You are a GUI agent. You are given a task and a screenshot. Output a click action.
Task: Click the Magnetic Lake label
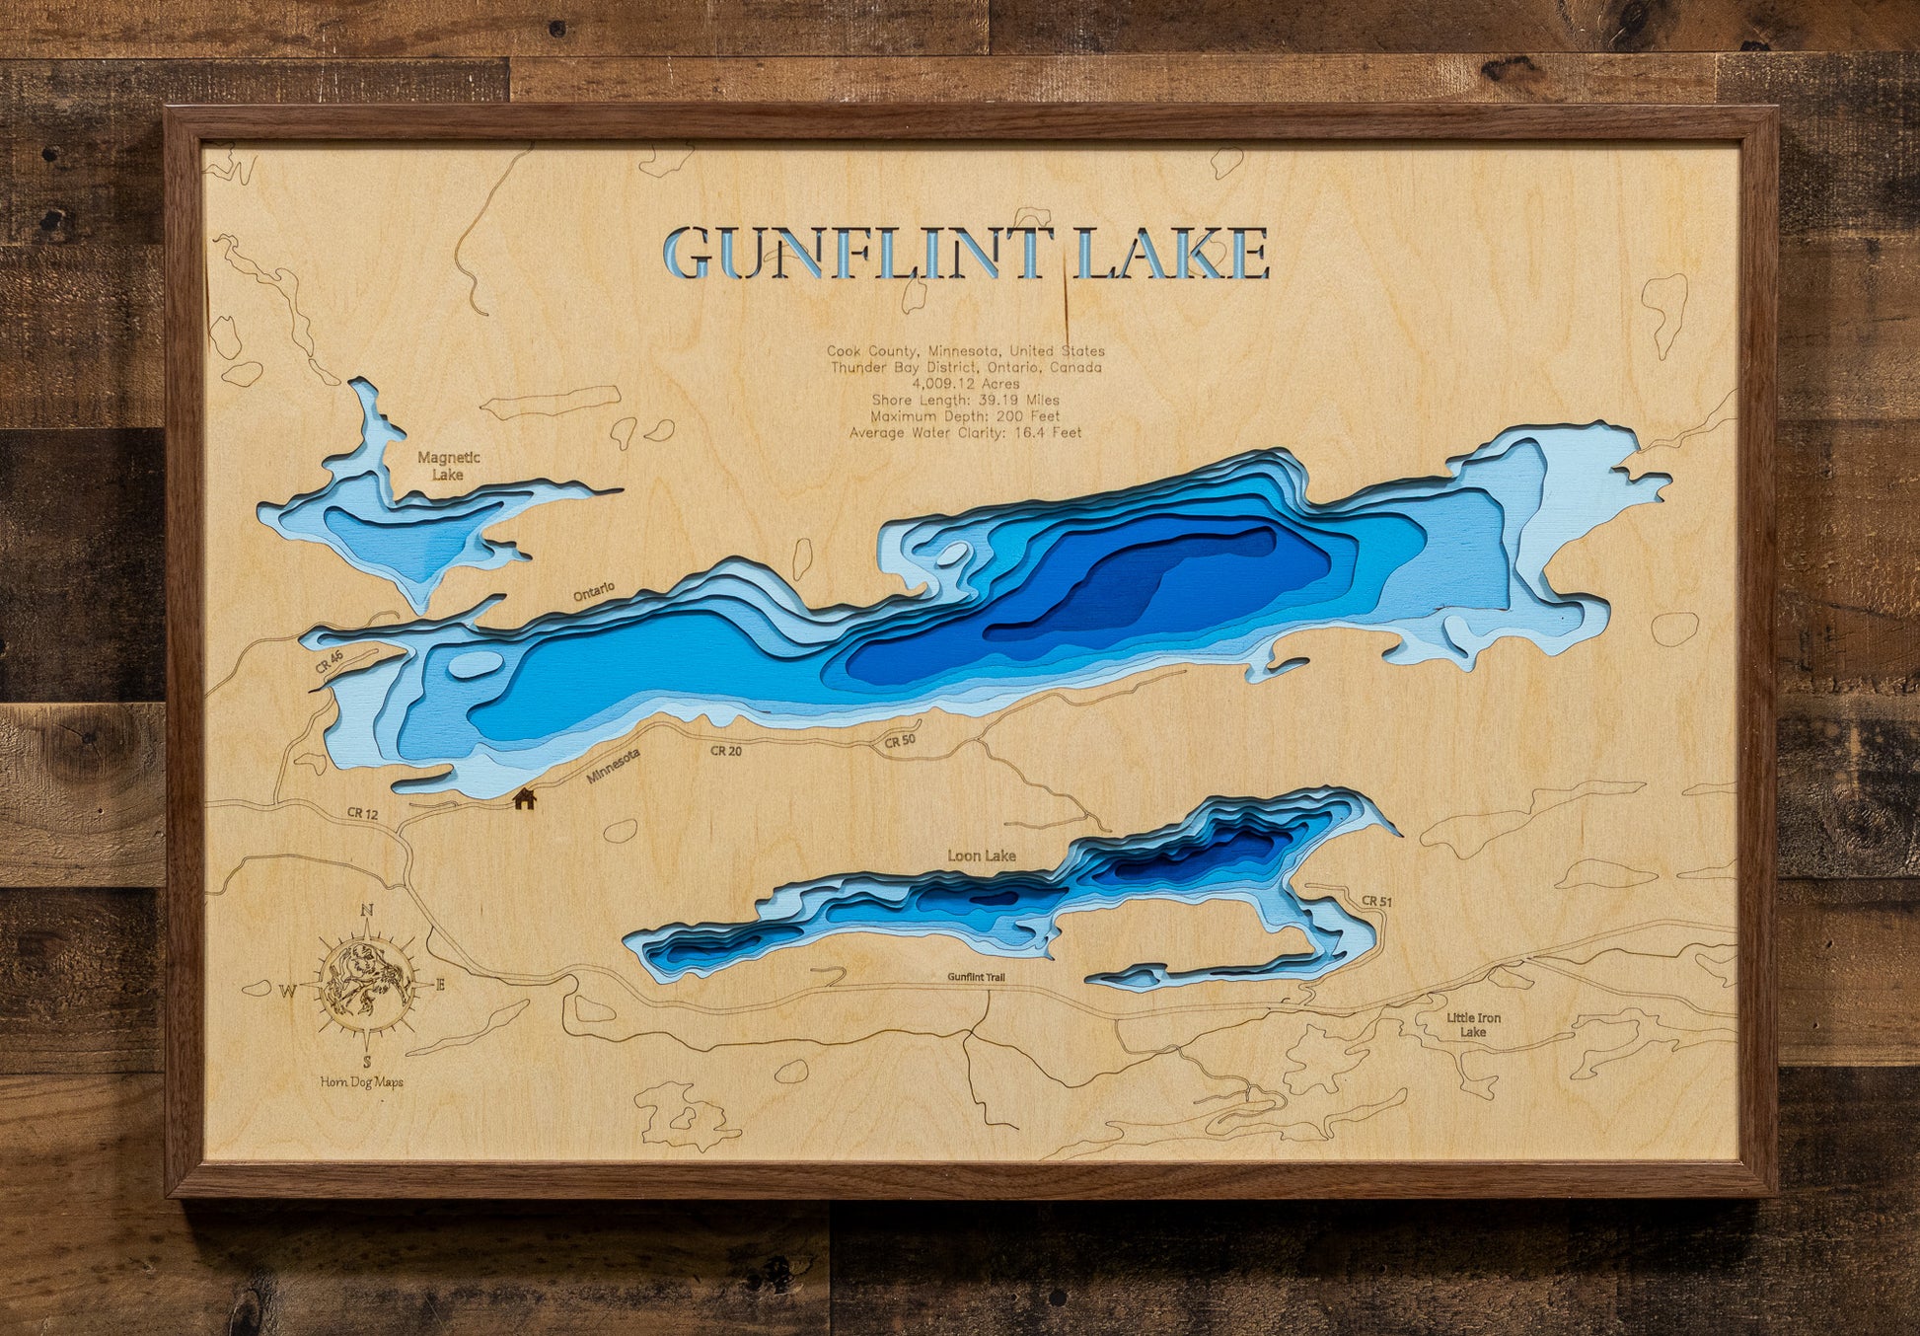pyautogui.click(x=448, y=466)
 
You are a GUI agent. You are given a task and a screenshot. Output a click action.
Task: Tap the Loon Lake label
pyautogui.click(x=981, y=855)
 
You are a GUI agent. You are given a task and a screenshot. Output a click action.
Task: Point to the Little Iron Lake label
pyautogui.click(x=1473, y=1025)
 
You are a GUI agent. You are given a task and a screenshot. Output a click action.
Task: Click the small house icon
pyautogui.click(x=524, y=797)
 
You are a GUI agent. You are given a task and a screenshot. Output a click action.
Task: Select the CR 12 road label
pyautogui.click(x=362, y=814)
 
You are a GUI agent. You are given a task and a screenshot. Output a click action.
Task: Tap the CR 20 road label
pyautogui.click(x=725, y=751)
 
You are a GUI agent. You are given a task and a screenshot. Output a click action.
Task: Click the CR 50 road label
pyautogui.click(x=899, y=741)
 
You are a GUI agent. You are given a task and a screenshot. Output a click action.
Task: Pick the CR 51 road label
pyautogui.click(x=1375, y=901)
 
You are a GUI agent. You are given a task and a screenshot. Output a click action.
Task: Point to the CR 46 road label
pyautogui.click(x=330, y=661)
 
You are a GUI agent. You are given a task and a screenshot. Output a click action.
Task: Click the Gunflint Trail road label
pyautogui.click(x=976, y=977)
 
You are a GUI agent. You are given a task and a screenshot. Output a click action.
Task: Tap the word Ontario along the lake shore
pyautogui.click(x=594, y=591)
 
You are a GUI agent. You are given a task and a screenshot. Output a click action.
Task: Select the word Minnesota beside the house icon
pyautogui.click(x=613, y=766)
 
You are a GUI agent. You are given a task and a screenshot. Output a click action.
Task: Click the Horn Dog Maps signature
pyautogui.click(x=361, y=1081)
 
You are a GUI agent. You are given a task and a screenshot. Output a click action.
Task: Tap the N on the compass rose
pyautogui.click(x=367, y=911)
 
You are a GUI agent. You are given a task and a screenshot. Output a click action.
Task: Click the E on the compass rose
pyautogui.click(x=440, y=984)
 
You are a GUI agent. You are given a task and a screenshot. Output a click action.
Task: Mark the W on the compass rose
pyautogui.click(x=288, y=991)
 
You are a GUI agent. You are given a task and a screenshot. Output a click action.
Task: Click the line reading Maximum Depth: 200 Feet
pyautogui.click(x=965, y=416)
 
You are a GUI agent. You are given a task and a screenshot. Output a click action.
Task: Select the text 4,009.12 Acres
pyautogui.click(x=965, y=384)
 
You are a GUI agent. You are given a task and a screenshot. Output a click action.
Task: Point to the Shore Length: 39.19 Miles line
pyautogui.click(x=965, y=400)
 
